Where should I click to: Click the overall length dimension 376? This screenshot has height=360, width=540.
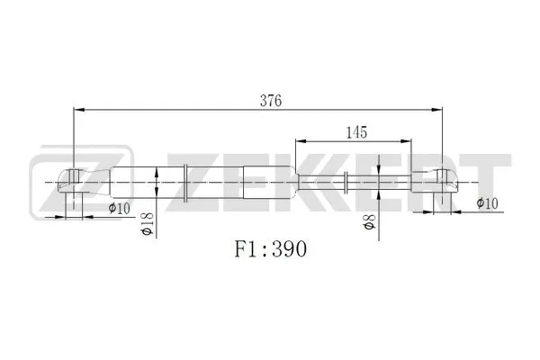point(272,101)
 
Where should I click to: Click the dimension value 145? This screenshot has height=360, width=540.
point(355,132)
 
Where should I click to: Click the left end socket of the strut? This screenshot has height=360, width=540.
point(74,182)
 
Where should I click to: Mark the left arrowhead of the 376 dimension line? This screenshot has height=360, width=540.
point(78,111)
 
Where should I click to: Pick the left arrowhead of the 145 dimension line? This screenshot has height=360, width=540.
point(301,142)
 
